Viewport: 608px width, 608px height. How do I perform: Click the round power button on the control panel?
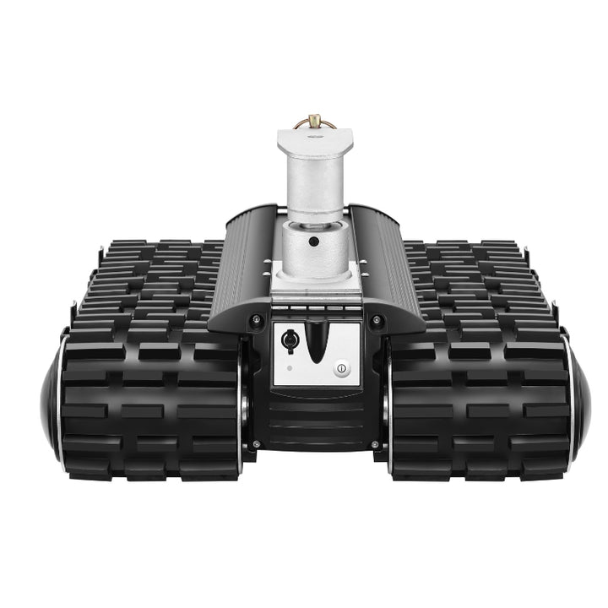pyautogui.click(x=341, y=368)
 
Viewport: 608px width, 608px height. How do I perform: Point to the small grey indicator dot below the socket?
pyautogui.click(x=289, y=368)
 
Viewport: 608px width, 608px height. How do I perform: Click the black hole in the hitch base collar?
pyautogui.click(x=314, y=242)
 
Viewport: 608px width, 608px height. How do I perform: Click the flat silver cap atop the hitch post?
pyautogui.click(x=314, y=135)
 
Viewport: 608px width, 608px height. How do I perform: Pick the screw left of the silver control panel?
pyautogui.click(x=255, y=319)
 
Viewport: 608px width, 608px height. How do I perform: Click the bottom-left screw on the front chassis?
pyautogui.click(x=256, y=443)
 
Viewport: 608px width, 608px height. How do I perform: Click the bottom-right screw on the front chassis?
pyautogui.click(x=375, y=443)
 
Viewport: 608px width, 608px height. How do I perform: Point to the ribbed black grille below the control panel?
pyautogui.click(x=314, y=422)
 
